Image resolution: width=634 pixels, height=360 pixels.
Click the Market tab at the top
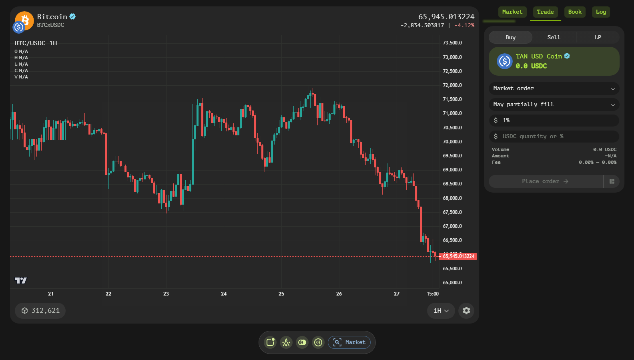(x=512, y=12)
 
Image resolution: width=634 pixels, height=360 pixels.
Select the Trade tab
(x=545, y=12)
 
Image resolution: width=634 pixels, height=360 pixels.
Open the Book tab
(x=575, y=12)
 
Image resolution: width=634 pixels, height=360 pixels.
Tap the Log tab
(x=601, y=12)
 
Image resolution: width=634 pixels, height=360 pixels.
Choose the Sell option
(x=554, y=37)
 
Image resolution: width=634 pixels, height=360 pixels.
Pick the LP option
(x=598, y=37)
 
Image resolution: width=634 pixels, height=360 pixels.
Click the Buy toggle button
(x=511, y=37)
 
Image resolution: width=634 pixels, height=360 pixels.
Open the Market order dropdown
(x=554, y=88)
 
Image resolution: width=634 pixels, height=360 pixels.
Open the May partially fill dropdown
(x=554, y=105)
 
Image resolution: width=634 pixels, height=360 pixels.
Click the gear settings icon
(x=466, y=311)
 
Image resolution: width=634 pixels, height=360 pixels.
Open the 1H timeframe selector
(x=441, y=311)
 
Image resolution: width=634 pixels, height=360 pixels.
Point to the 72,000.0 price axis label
(x=452, y=85)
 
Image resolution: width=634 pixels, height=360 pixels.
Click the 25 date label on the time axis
(x=281, y=294)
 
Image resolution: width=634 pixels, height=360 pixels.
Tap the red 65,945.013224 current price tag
(x=458, y=256)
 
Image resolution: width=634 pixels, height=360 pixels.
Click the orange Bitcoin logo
(x=25, y=20)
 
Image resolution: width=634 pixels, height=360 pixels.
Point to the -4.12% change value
(x=465, y=25)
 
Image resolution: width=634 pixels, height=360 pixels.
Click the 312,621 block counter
(x=40, y=311)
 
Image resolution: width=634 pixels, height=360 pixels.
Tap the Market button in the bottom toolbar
(x=349, y=342)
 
